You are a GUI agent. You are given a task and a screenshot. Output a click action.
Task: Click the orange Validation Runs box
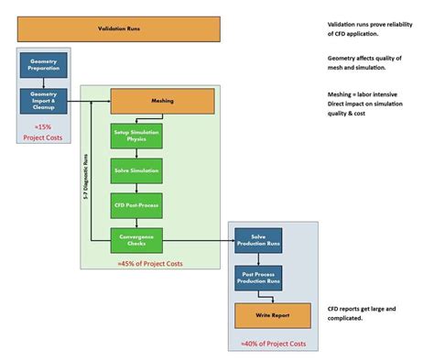click(119, 28)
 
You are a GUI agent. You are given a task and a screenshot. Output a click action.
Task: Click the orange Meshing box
click(162, 101)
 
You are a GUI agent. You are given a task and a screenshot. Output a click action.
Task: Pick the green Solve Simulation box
click(136, 170)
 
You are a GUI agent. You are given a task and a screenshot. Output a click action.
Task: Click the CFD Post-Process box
click(136, 204)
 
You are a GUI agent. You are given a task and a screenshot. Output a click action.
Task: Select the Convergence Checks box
click(136, 240)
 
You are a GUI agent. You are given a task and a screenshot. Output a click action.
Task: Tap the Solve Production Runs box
click(258, 240)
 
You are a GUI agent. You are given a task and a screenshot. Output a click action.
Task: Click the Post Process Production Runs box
click(258, 277)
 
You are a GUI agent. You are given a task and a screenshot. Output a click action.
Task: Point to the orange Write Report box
click(272, 315)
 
